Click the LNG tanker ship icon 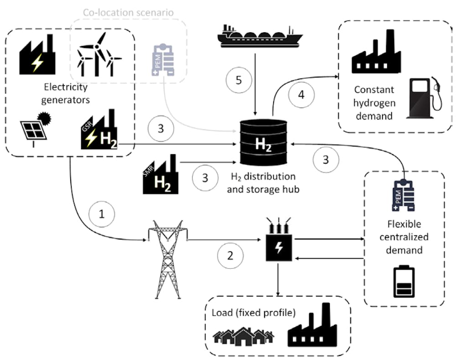pyautogui.click(x=260, y=36)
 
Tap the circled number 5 pyautogui.click(x=239, y=80)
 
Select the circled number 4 pyautogui.click(x=301, y=95)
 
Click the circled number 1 pyautogui.click(x=102, y=214)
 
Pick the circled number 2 pyautogui.click(x=230, y=256)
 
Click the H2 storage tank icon pyautogui.click(x=263, y=143)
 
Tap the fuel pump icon pyautogui.click(x=424, y=98)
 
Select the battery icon pyautogui.click(x=404, y=281)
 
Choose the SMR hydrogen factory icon pyautogui.click(x=161, y=174)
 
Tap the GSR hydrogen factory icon pyautogui.click(x=99, y=129)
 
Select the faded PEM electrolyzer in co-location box pyautogui.click(x=163, y=60)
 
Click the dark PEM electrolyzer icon pyautogui.click(x=404, y=195)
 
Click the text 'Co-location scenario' pyautogui.click(x=128, y=12)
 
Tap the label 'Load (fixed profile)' pyautogui.click(x=254, y=313)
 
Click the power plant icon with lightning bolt pyautogui.click(x=37, y=54)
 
